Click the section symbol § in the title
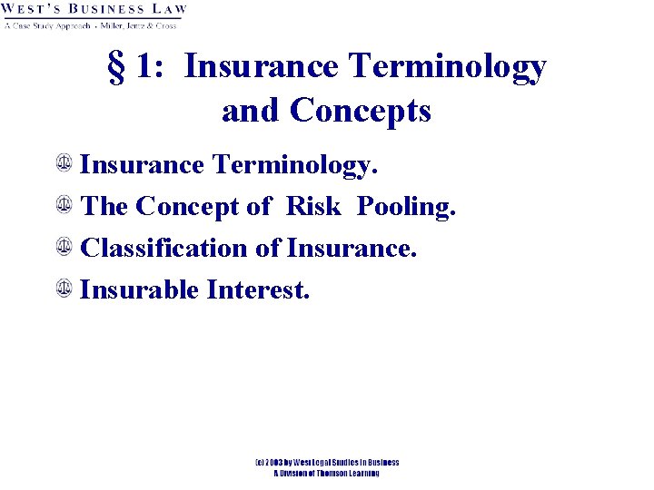click(117, 69)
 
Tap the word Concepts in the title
click(361, 111)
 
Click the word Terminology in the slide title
click(444, 67)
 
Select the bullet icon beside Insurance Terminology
click(64, 163)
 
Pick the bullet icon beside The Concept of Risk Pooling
click(64, 205)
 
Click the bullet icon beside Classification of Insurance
click(64, 247)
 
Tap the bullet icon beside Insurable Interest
click(64, 289)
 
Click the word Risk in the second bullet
click(313, 207)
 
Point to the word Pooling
click(405, 208)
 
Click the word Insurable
click(140, 290)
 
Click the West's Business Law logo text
click(94, 10)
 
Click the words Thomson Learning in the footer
click(345, 473)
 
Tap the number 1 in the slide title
click(144, 69)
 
